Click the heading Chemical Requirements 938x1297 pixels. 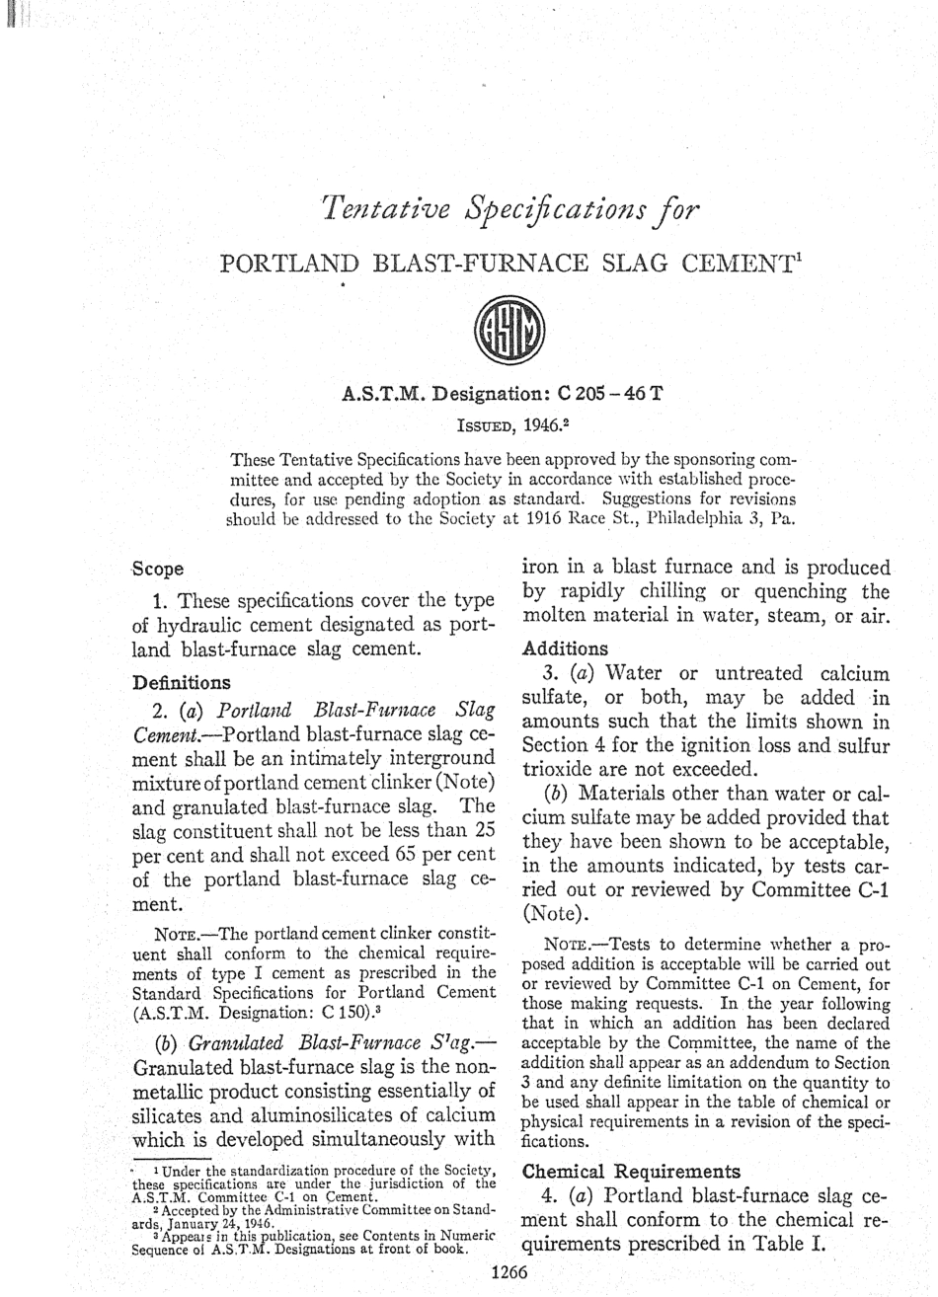pos(630,1172)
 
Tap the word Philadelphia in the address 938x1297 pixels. pos(677,519)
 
